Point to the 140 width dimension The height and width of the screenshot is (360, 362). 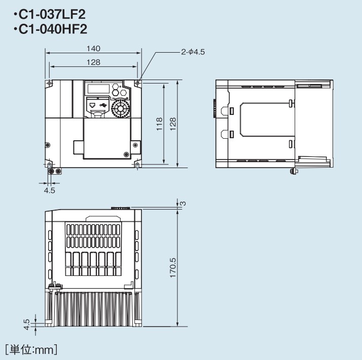(93, 48)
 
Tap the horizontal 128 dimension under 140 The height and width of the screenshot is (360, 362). (93, 62)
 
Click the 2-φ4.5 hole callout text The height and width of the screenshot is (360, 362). (193, 52)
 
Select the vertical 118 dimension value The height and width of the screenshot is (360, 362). (159, 124)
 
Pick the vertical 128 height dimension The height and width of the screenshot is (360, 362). (173, 124)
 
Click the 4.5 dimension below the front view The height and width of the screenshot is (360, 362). (49, 190)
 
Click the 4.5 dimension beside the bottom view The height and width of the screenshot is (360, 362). (26, 322)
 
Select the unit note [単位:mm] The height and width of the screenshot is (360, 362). (30, 349)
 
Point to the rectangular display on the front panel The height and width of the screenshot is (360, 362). (98, 89)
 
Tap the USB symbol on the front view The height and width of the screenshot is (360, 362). (104, 105)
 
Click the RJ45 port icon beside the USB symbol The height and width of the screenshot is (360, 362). (93, 106)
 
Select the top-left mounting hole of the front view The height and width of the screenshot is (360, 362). (49, 83)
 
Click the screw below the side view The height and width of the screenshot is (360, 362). (293, 172)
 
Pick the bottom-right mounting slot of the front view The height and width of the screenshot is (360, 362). (137, 165)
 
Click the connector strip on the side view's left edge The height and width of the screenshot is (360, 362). (213, 108)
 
